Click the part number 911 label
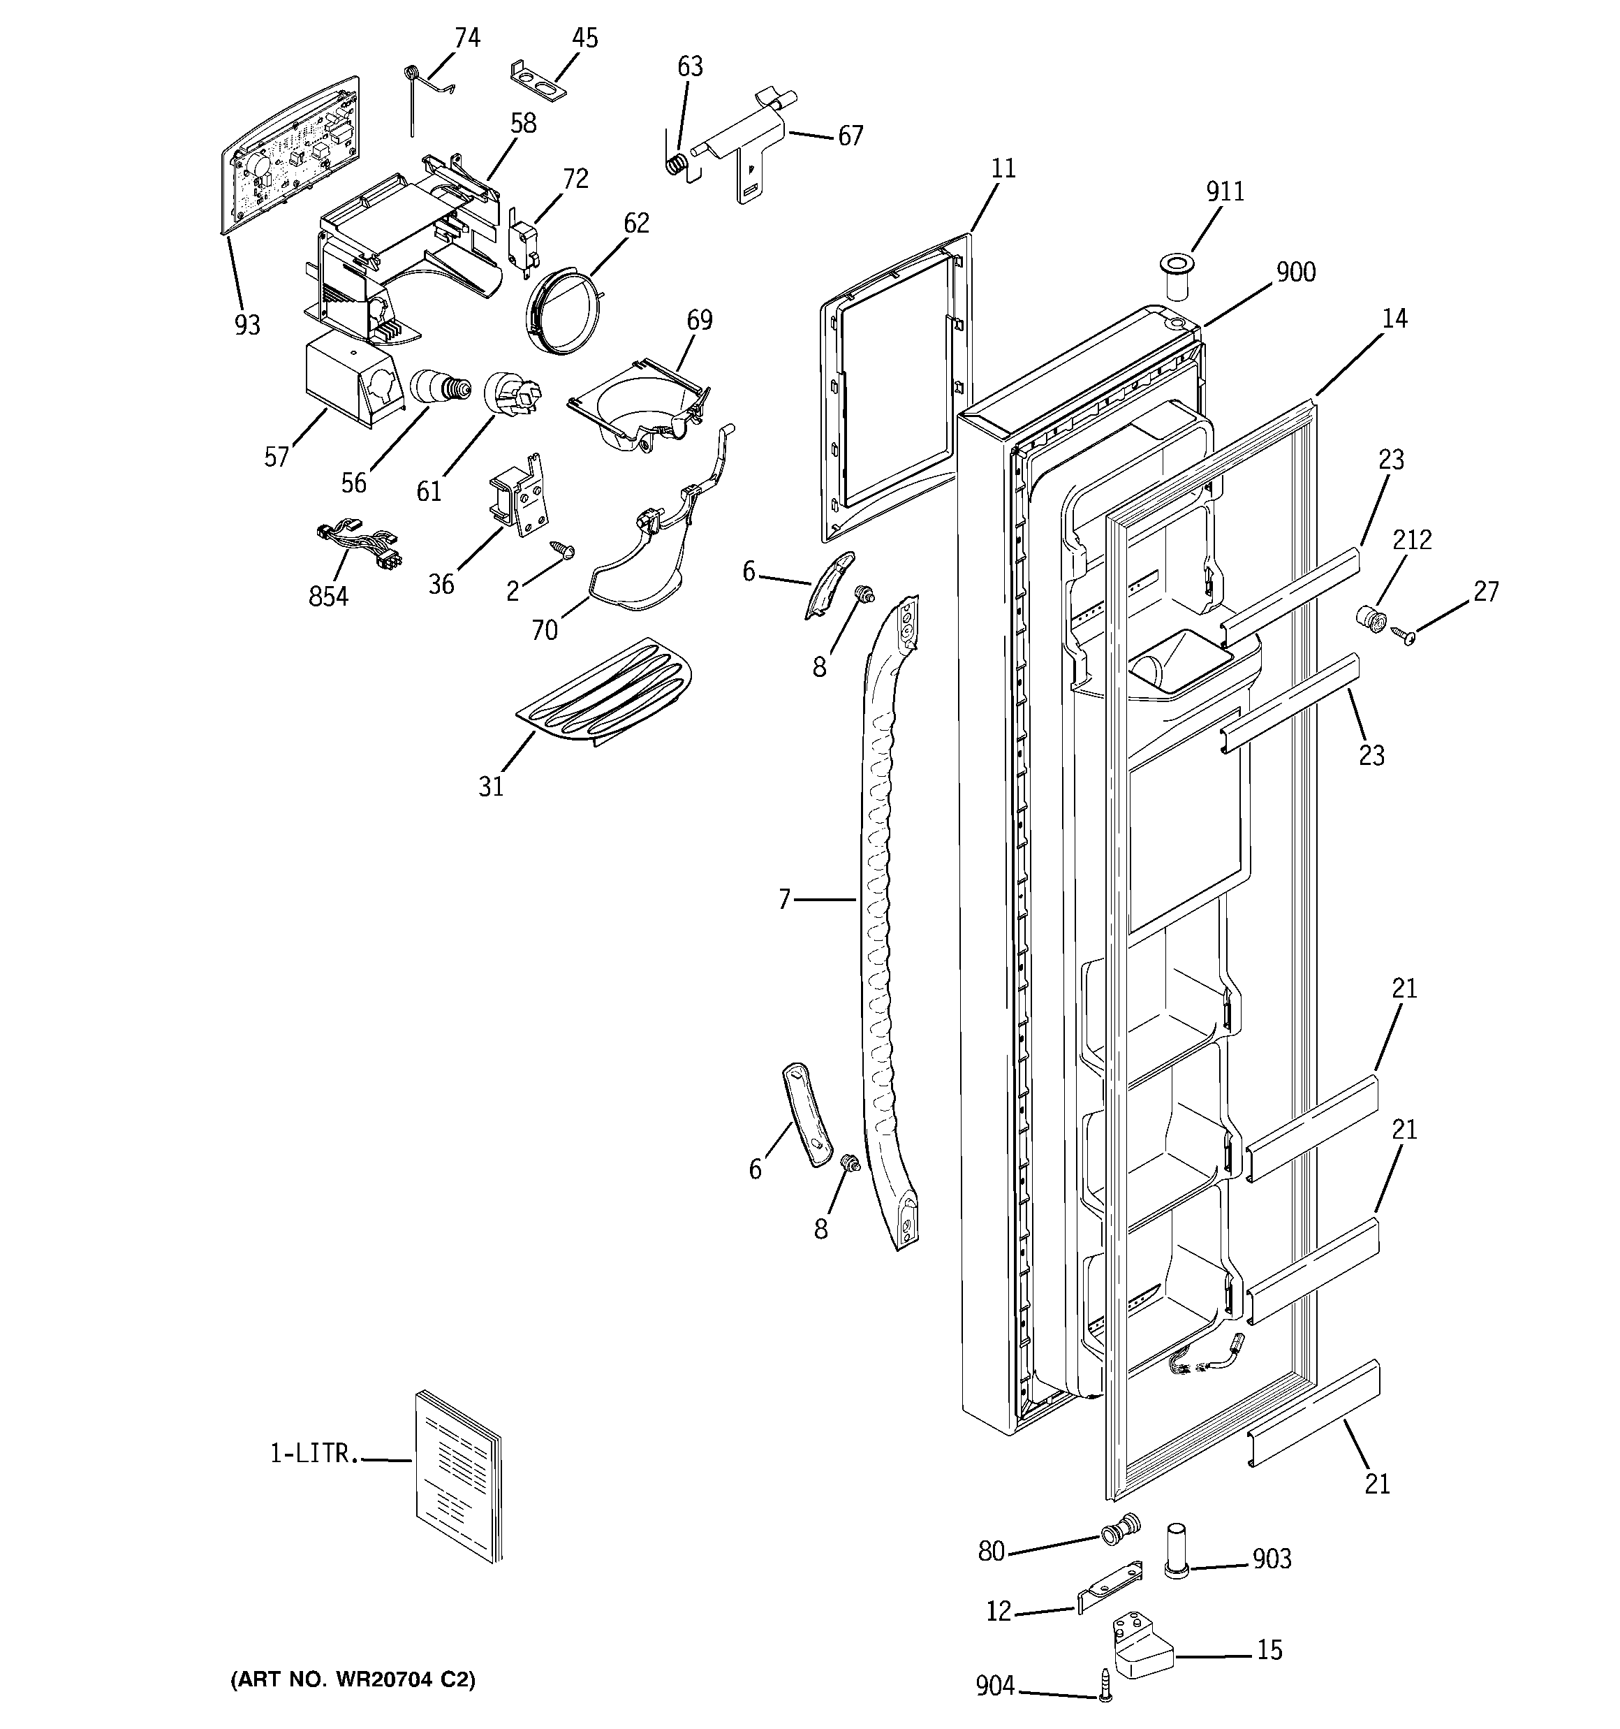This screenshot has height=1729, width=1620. (x=1224, y=191)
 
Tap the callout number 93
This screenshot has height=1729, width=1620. (x=248, y=326)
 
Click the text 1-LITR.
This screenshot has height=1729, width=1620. (x=313, y=1453)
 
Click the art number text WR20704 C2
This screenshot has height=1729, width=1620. (x=352, y=1680)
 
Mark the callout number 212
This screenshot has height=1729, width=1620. (x=1411, y=540)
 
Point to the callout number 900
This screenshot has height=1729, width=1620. (x=1296, y=272)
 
